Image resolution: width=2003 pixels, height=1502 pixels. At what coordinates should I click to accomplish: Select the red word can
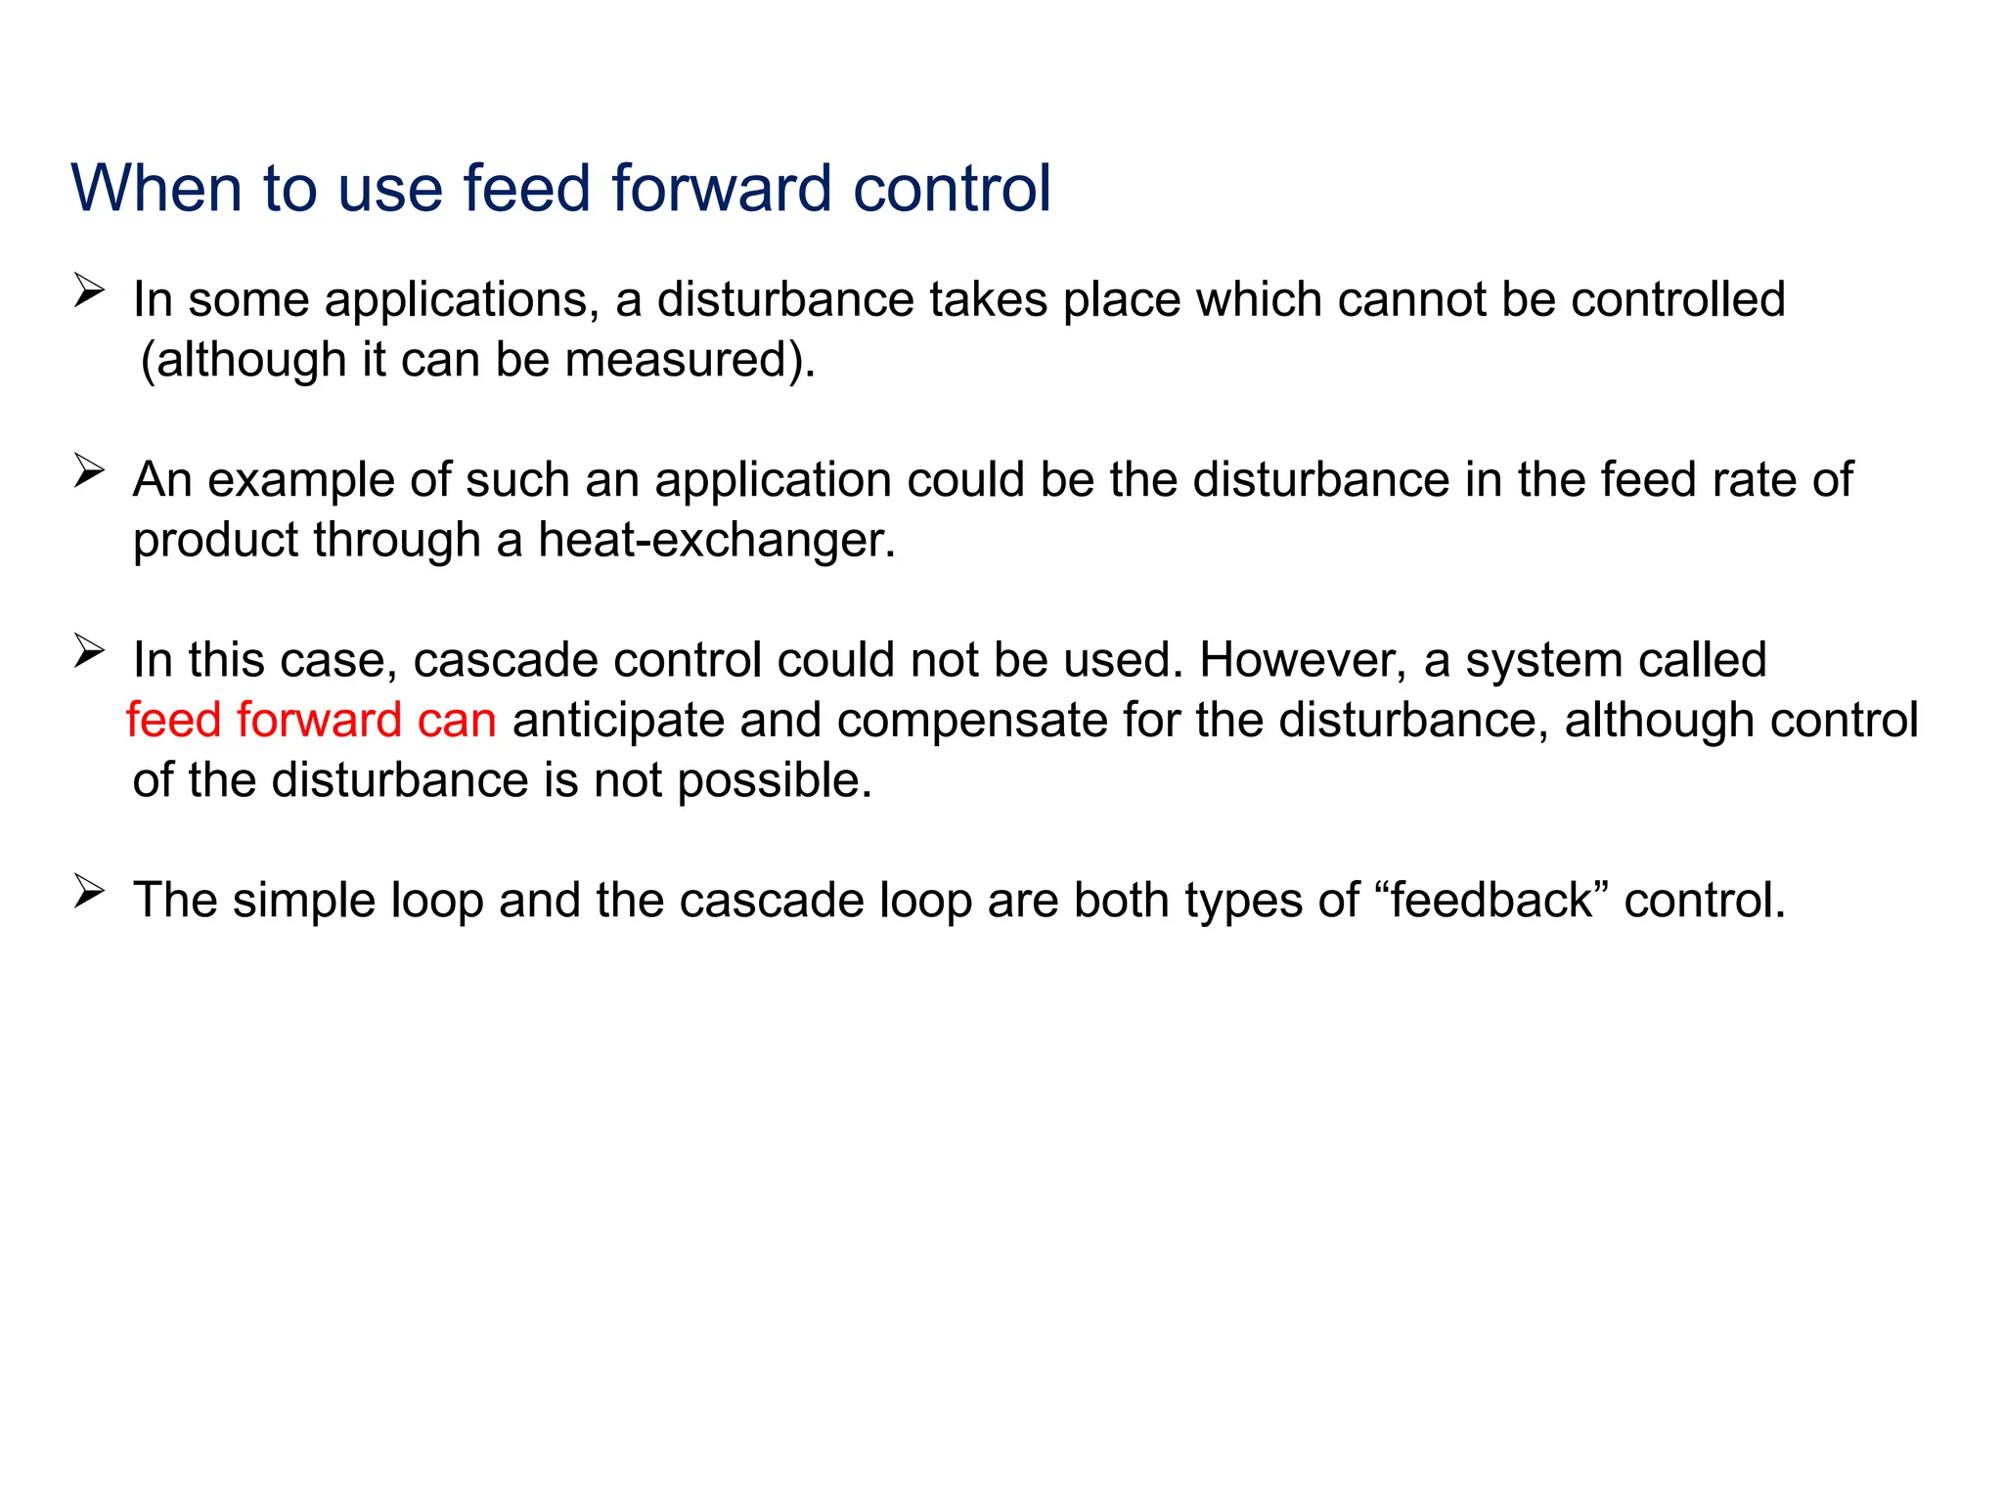pos(457,721)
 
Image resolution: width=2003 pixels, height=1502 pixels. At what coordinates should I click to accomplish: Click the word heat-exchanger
pos(716,540)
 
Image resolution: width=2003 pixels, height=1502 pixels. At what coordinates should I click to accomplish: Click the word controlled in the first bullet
pos(1678,299)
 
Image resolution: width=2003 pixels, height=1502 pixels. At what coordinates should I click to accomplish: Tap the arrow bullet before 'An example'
pos(88,472)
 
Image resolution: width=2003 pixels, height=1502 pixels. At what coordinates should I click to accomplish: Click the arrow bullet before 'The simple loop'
pos(88,892)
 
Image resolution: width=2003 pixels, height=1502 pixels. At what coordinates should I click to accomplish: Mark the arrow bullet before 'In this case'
pos(88,651)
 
